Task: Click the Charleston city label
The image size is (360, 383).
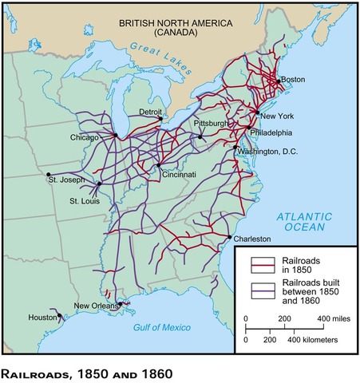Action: (253, 239)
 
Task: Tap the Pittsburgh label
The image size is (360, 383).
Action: (211, 124)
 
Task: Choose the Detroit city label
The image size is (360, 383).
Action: (151, 111)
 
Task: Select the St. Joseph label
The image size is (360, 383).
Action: (65, 181)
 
